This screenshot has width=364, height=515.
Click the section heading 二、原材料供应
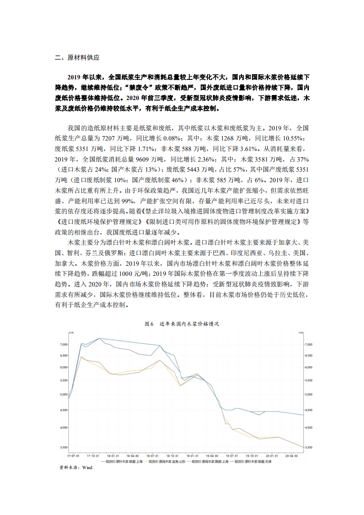77,58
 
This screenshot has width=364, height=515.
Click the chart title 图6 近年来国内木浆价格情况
182,324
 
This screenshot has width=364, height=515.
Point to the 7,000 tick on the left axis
63,344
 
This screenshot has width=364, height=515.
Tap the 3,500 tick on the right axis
309,447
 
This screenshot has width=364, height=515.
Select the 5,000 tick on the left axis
63,394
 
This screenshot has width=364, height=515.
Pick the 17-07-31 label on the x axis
73,456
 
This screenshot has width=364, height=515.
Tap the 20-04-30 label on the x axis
292,456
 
